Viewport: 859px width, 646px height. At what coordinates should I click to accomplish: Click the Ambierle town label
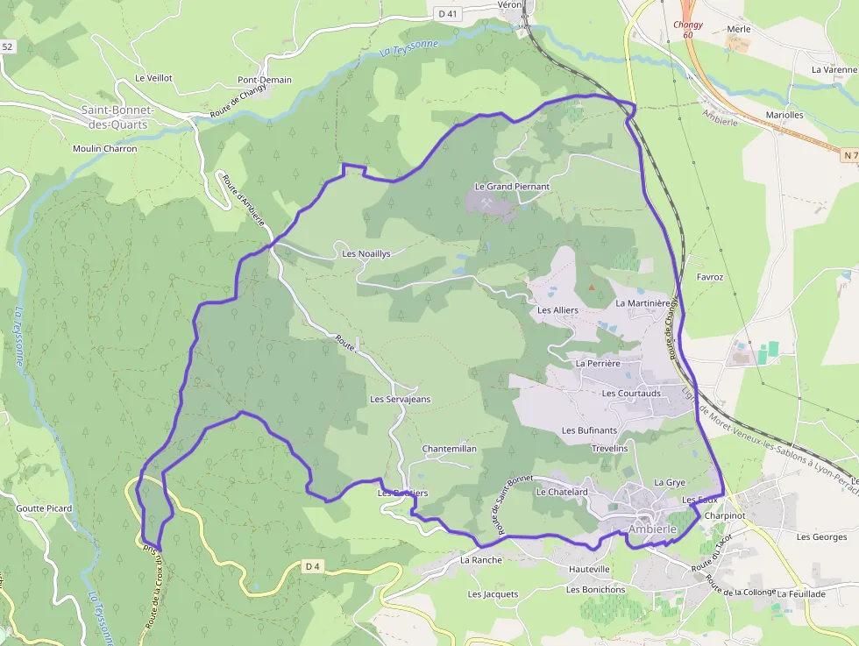click(653, 530)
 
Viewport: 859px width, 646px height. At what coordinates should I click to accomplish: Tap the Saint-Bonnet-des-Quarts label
click(116, 117)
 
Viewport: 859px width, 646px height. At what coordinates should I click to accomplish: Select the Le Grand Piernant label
click(512, 187)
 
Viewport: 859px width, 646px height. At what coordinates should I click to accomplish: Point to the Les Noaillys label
click(366, 253)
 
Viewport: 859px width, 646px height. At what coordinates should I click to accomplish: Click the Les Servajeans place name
click(400, 400)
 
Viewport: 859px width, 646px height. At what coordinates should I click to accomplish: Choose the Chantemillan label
click(449, 449)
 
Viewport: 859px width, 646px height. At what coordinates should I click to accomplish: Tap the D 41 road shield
click(447, 13)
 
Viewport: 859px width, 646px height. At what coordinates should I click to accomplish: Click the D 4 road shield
click(313, 566)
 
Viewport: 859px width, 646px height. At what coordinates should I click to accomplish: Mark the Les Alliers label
click(557, 310)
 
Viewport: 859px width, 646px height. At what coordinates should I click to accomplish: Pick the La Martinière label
click(642, 303)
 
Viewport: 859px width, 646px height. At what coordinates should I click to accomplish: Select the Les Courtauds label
click(631, 394)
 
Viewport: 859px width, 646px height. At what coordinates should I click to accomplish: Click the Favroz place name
click(709, 277)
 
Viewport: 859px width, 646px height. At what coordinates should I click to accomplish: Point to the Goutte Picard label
click(44, 508)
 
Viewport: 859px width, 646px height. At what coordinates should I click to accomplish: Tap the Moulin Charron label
click(105, 149)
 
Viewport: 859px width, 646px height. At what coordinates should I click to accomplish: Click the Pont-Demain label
click(265, 80)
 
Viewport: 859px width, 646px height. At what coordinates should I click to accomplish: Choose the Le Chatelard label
click(561, 493)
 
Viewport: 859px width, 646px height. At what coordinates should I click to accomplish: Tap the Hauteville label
click(589, 569)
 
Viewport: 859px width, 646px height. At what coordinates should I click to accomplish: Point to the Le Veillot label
click(153, 78)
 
